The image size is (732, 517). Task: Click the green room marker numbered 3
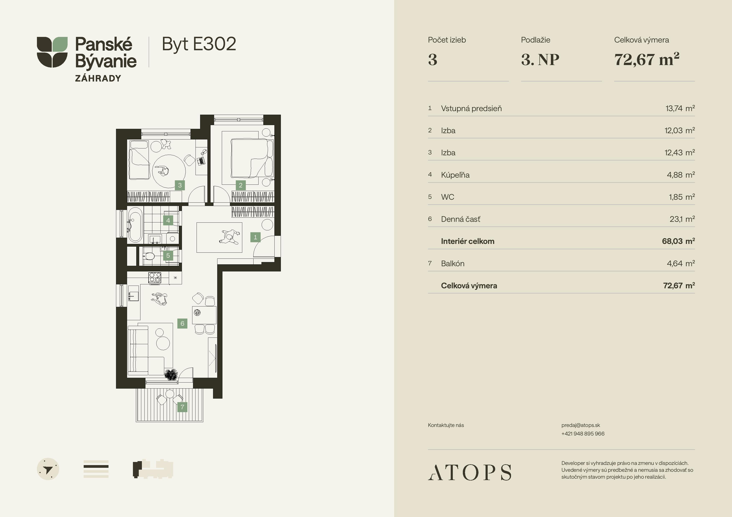[180, 185]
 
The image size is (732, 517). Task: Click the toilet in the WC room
[149, 255]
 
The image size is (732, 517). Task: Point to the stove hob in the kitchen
[155, 277]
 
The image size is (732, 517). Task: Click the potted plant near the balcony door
[171, 375]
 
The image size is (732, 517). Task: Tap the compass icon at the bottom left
[48, 469]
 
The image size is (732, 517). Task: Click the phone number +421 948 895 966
[583, 434]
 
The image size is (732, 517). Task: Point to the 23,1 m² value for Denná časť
[682, 219]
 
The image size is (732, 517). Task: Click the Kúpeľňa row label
[455, 175]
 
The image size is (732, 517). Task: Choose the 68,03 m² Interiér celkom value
[678, 241]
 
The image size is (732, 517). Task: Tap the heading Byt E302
[199, 44]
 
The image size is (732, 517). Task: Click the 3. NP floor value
[540, 60]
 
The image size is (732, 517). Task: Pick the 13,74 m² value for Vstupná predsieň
[680, 108]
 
